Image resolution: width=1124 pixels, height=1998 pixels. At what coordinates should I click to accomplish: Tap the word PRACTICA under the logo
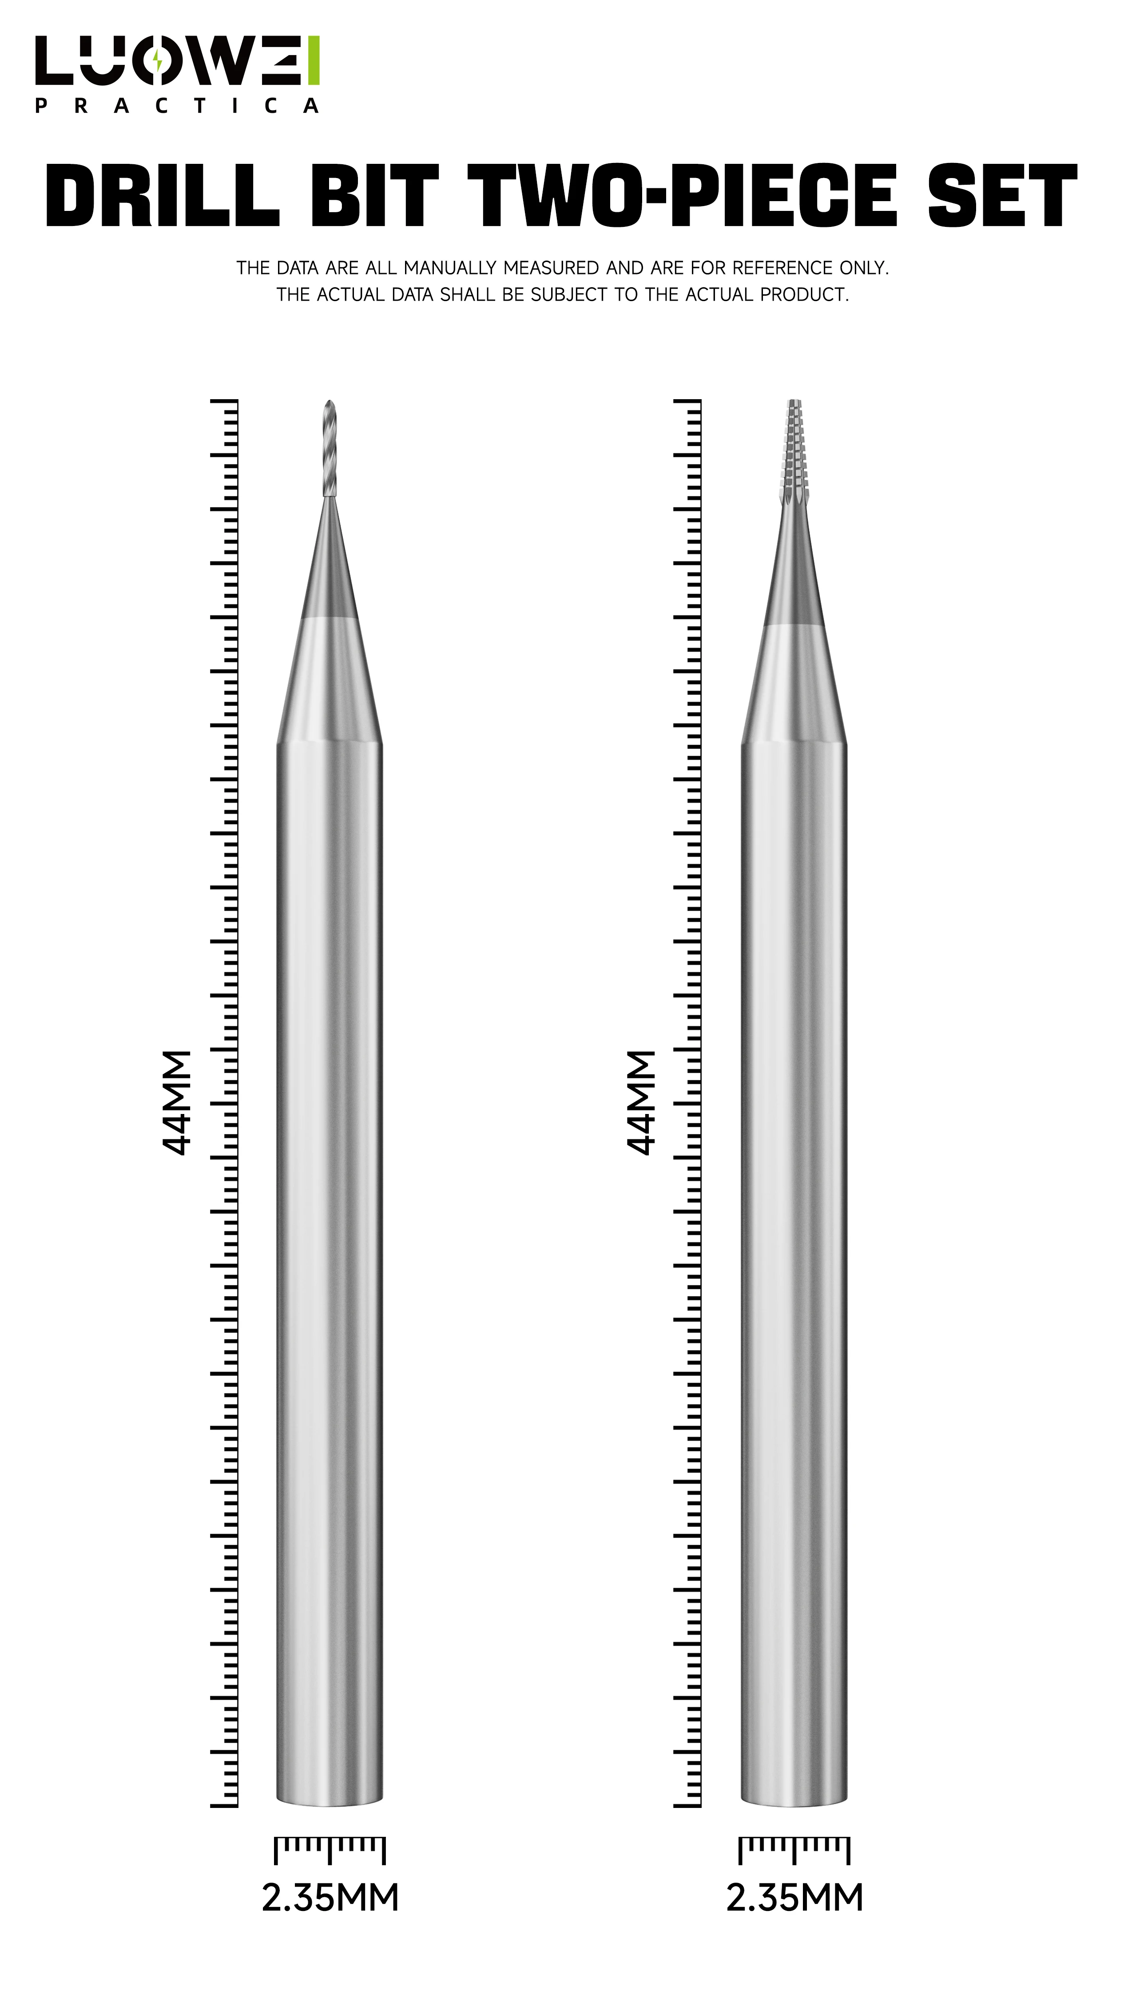pos(177,106)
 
